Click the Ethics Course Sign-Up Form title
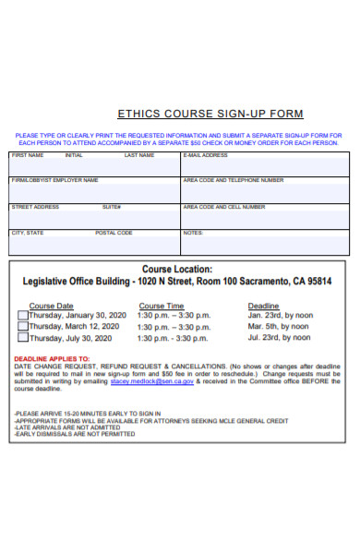click(x=210, y=114)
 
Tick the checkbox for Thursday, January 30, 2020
click(x=23, y=315)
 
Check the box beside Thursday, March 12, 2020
click(x=23, y=326)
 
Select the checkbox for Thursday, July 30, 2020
click(x=23, y=338)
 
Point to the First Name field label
click(x=27, y=155)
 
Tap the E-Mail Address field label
click(x=206, y=155)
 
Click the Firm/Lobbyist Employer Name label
click(x=54, y=181)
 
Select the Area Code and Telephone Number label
click(x=234, y=181)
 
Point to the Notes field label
click(x=193, y=233)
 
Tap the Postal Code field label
click(x=114, y=233)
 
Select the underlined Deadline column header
click(x=263, y=306)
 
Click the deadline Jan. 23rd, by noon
click(x=281, y=315)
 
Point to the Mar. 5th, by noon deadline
click(x=281, y=326)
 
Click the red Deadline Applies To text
click(x=52, y=358)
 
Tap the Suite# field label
click(x=112, y=207)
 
